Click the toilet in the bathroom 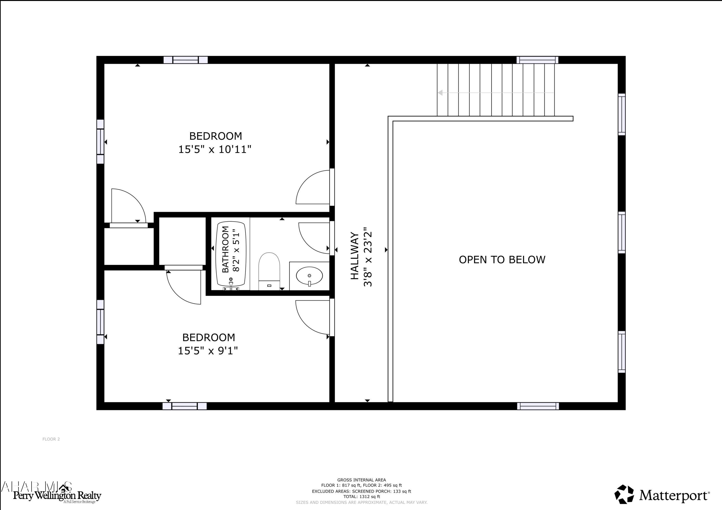269,270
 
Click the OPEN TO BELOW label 502,259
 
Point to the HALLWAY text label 355,256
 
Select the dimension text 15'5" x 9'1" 208,351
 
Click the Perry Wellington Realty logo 57,496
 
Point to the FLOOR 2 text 51,439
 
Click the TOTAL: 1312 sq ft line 362,497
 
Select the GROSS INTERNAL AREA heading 362,480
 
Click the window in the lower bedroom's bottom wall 185,406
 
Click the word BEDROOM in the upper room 215,136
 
